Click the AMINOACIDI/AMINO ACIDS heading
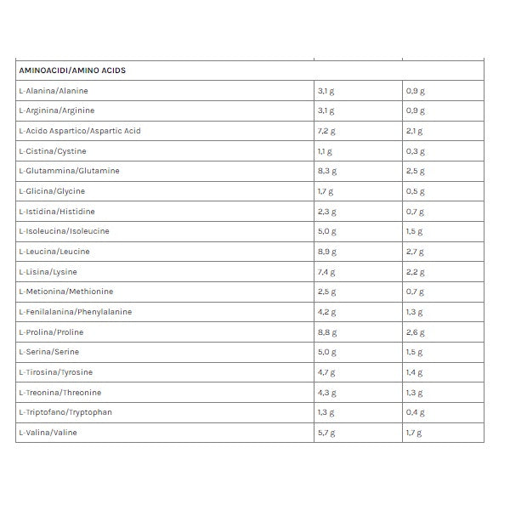[x=72, y=71]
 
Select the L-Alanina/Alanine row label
[x=53, y=91]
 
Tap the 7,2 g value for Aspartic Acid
[x=326, y=131]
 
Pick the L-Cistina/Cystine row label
[x=52, y=151]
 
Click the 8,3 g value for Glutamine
[x=326, y=171]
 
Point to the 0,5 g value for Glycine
[x=415, y=191]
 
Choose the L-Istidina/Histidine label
[x=57, y=212]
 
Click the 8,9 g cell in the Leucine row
[x=326, y=252]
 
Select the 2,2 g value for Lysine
[x=415, y=272]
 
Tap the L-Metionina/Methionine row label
[x=65, y=292]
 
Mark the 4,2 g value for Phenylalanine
[x=326, y=312]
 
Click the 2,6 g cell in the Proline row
[x=415, y=332]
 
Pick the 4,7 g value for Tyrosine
[x=326, y=372]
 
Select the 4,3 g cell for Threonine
[x=326, y=393]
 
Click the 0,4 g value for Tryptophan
[x=415, y=413]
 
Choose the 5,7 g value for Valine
[x=326, y=433]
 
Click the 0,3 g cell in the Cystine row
[x=415, y=151]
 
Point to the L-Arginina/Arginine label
[x=56, y=111]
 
